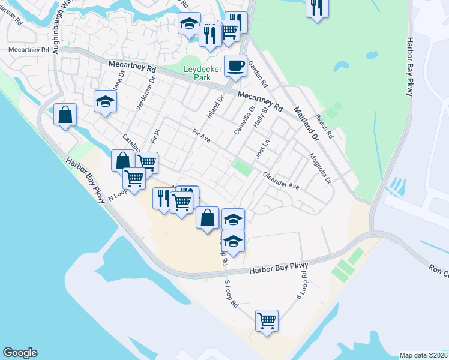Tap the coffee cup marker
click(235, 65)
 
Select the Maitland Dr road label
click(306, 124)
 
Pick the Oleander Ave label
click(280, 181)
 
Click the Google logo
click(20, 353)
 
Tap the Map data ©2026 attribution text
click(423, 355)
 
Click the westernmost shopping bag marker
click(65, 113)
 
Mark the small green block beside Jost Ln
click(243, 167)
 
